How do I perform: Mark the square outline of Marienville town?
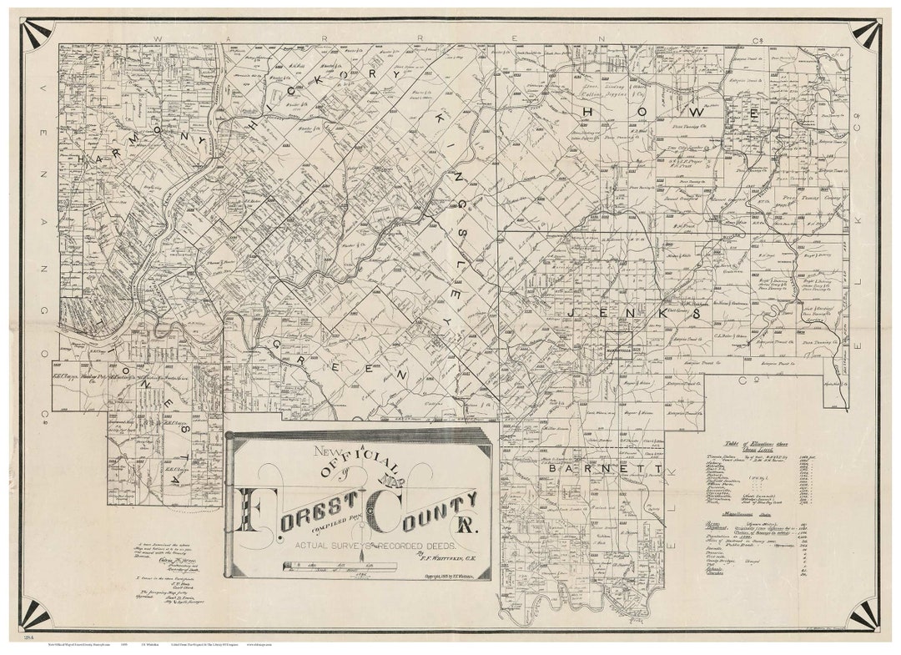click(618, 345)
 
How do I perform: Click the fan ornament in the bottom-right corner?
click(864, 615)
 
